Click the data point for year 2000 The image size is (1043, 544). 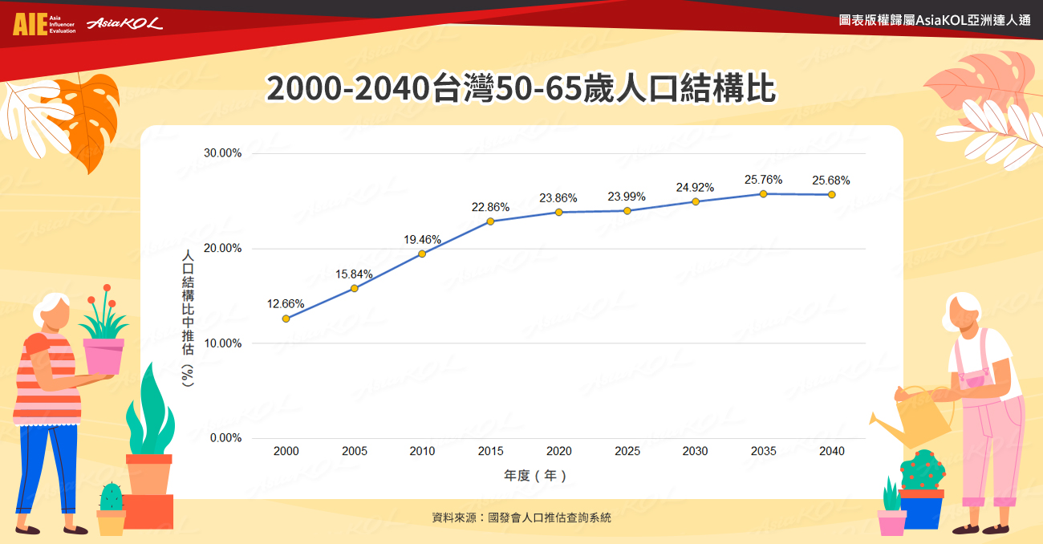[x=286, y=319]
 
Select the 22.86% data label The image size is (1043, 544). [x=490, y=207]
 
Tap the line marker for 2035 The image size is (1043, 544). [x=764, y=194]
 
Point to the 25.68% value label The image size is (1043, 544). [x=831, y=181]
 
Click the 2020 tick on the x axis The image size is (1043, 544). [x=559, y=451]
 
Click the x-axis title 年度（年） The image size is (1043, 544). [x=535, y=475]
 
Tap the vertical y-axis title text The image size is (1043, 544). [x=188, y=319]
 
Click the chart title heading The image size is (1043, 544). [x=521, y=89]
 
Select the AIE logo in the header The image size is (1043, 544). [x=30, y=24]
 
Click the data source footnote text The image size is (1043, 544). [x=521, y=518]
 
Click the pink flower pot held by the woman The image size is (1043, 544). [x=104, y=355]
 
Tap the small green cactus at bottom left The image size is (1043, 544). [x=111, y=498]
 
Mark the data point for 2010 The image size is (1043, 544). [x=422, y=254]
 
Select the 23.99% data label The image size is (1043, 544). [x=627, y=197]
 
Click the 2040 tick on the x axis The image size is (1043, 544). [x=832, y=451]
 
